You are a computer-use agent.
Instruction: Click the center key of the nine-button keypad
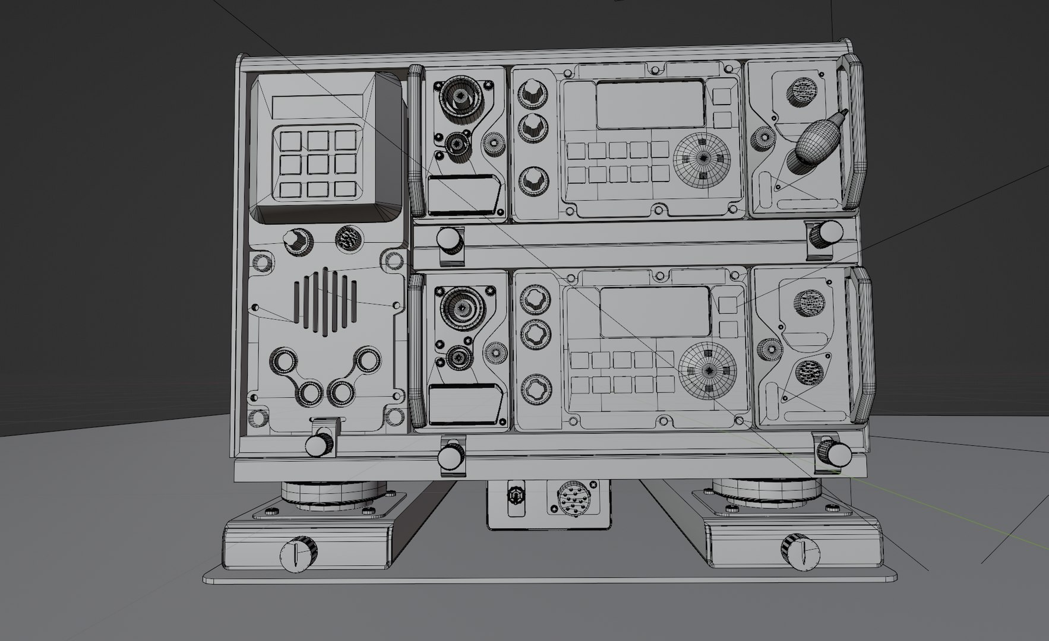[318, 164]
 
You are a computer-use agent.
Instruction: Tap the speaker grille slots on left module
[326, 301]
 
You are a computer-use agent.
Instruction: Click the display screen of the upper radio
[650, 105]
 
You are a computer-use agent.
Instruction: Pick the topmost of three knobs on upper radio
[532, 93]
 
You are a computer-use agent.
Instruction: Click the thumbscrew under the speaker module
[320, 444]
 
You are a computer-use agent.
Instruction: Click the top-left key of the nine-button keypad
[291, 141]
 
